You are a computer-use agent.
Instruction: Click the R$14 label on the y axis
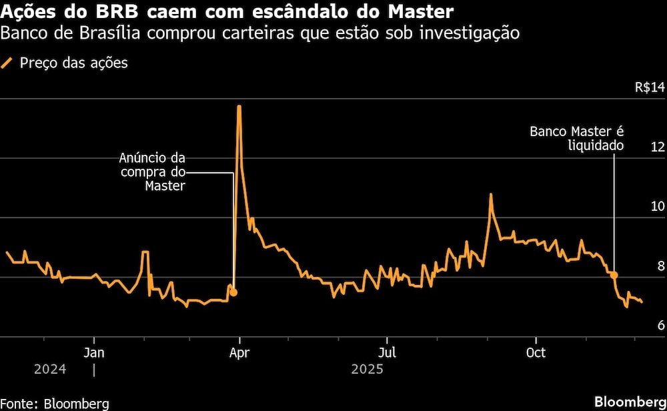[x=650, y=87]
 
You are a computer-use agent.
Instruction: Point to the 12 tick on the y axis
[x=657, y=147]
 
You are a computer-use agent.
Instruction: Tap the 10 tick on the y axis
[x=657, y=206]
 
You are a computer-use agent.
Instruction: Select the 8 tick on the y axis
[x=660, y=266]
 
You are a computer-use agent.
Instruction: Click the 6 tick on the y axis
[x=660, y=325]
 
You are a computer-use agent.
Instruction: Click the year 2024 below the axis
[x=49, y=369]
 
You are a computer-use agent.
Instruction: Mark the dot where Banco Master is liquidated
[x=614, y=275]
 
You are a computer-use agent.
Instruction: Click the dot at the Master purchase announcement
[x=233, y=293]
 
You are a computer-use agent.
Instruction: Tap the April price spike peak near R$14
[x=239, y=106]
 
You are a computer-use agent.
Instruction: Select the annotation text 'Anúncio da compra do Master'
[x=152, y=172]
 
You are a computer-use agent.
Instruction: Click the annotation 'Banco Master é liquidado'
[x=577, y=138]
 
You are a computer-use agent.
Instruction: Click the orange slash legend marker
[x=8, y=63]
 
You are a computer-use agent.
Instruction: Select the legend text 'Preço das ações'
[x=74, y=63]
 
